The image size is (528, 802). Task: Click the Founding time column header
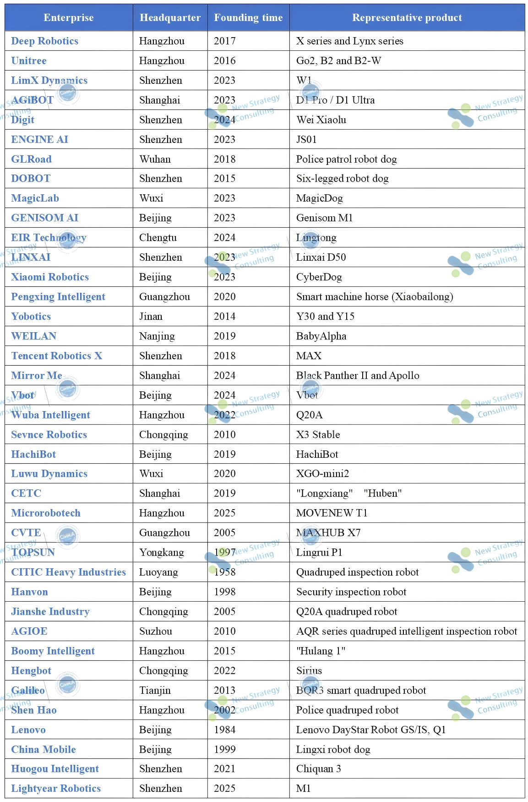248,18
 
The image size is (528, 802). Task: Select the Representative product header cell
407,18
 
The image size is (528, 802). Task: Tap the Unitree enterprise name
29,61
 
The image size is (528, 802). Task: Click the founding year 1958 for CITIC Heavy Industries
225,572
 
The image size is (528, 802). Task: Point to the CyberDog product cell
319,277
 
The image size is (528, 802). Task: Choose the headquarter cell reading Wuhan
155,159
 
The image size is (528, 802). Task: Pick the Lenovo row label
28,730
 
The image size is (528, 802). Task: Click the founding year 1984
225,730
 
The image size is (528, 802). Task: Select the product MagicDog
320,198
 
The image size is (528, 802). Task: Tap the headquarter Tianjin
155,691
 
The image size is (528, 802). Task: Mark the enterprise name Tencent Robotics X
57,356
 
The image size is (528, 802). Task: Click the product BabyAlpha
321,336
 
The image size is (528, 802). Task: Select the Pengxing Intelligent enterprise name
58,297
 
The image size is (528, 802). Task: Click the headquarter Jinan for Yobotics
151,317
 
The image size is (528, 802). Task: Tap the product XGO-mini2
322,474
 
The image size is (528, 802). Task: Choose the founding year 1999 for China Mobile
225,750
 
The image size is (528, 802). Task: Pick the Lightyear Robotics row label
56,789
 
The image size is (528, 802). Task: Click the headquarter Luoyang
158,572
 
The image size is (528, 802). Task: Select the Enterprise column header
69,18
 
